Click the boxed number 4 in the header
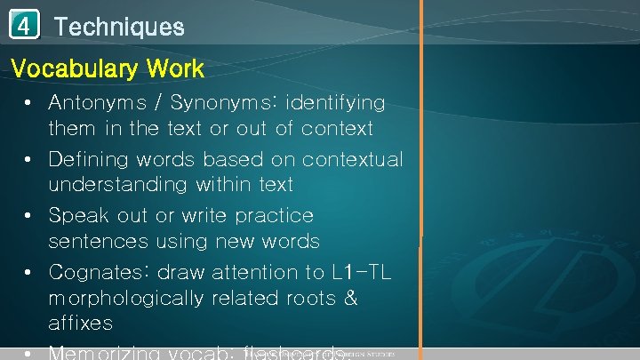click(x=25, y=26)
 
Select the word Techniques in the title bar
click(x=119, y=27)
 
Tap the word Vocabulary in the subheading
click(x=73, y=68)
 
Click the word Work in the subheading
click(x=174, y=68)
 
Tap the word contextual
click(x=352, y=160)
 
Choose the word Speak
click(x=76, y=216)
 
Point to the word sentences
click(x=100, y=241)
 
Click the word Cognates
click(x=93, y=272)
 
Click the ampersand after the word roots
click(x=349, y=298)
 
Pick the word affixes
click(x=80, y=322)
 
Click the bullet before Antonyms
click(x=28, y=103)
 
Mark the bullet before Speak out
click(x=28, y=216)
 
